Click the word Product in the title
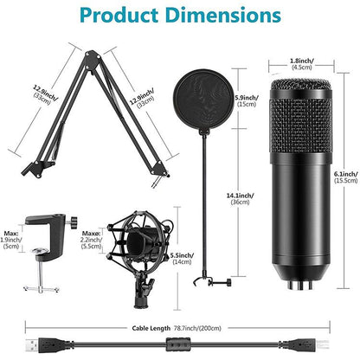point(118,16)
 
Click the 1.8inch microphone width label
point(302,63)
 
